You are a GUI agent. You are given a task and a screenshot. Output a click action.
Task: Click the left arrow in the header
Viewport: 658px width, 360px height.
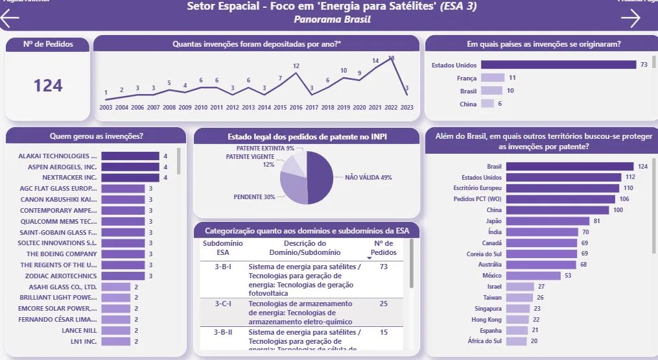(x=10, y=18)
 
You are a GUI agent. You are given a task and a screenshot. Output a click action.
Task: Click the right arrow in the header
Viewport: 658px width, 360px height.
(x=630, y=18)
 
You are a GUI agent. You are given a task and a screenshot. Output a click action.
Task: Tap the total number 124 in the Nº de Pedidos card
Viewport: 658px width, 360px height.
(x=48, y=85)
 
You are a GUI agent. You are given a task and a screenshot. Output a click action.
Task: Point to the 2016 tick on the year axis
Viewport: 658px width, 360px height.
(x=296, y=108)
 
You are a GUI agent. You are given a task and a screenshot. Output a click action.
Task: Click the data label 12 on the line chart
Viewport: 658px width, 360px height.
(x=296, y=66)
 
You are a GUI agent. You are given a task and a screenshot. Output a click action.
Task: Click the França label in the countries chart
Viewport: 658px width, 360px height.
(x=466, y=78)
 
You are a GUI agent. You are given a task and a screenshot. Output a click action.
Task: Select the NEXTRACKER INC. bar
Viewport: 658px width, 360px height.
(x=130, y=178)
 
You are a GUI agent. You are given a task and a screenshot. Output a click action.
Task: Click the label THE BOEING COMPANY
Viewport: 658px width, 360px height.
(x=58, y=254)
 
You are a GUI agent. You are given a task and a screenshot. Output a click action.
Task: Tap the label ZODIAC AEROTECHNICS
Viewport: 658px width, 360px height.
(x=58, y=276)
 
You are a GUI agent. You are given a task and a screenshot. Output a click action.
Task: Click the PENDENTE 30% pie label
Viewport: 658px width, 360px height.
(x=253, y=197)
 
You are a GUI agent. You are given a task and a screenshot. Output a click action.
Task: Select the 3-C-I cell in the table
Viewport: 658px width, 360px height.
(x=222, y=304)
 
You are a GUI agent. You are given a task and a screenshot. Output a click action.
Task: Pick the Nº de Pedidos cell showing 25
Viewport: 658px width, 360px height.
(x=383, y=304)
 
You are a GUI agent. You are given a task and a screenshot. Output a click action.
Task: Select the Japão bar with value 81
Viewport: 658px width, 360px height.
(x=547, y=221)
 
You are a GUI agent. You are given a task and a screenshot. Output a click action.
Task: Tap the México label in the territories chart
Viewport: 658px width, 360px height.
(x=491, y=276)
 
